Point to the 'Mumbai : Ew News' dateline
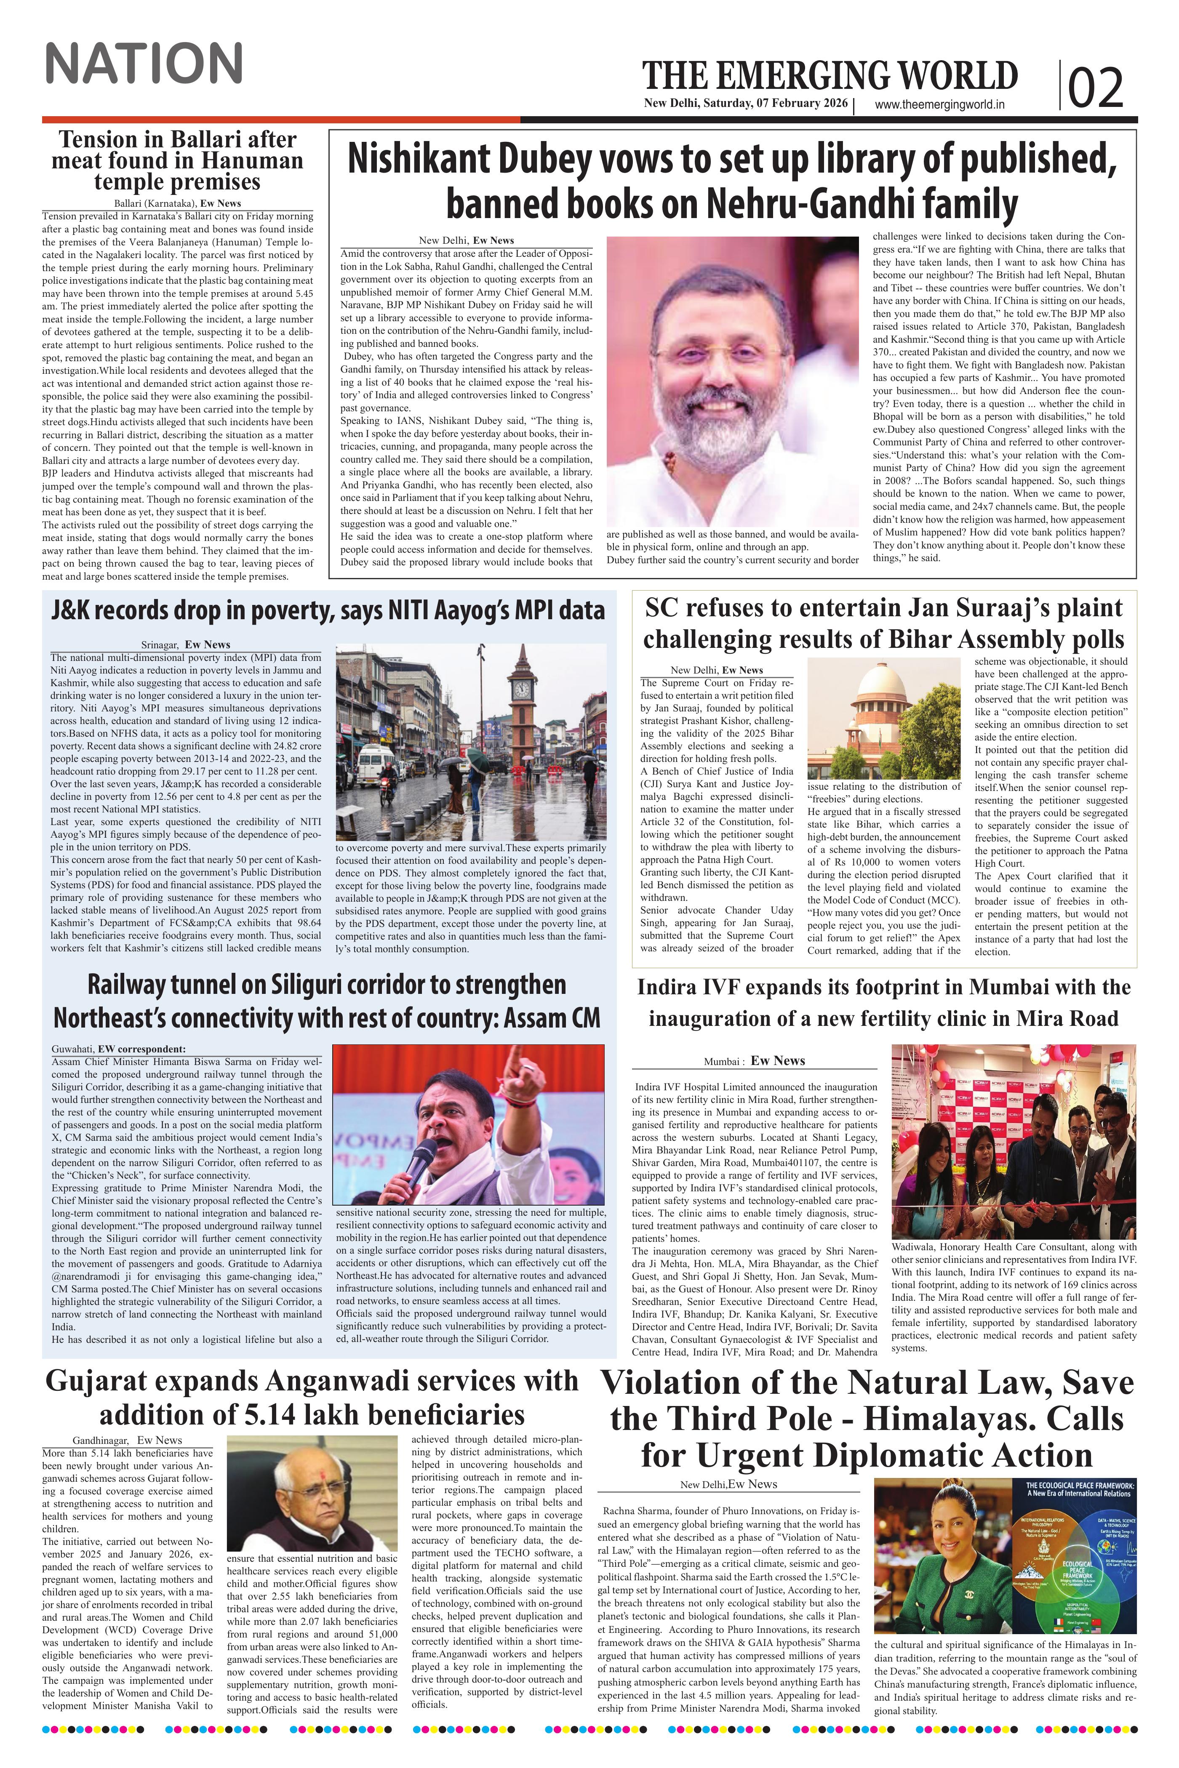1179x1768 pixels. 754,1061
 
